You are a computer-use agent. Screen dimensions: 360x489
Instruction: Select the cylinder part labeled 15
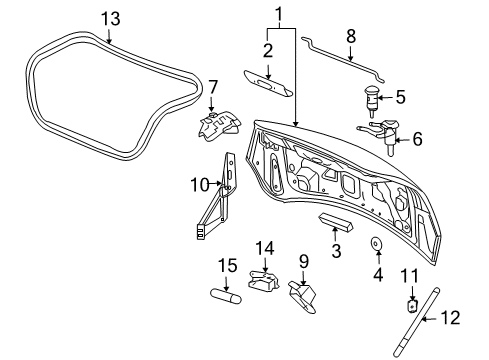(223, 297)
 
